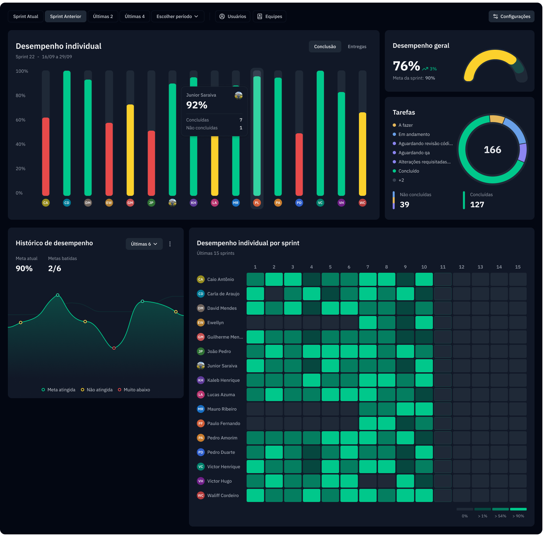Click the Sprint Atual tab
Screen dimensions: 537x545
26,16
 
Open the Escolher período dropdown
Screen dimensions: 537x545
177,16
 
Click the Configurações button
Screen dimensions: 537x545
511,16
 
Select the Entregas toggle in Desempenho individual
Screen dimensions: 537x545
357,46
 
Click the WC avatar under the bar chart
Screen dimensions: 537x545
362,203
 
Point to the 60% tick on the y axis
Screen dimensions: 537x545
20,120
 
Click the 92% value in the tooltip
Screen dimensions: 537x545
197,105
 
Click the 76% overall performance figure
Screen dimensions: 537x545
406,66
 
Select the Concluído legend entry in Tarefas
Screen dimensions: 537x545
408,171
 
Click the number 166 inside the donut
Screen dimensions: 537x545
492,150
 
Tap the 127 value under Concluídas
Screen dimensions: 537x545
477,205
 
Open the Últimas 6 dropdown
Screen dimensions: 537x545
144,244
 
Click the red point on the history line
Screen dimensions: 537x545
114,348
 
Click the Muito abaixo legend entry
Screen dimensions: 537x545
137,390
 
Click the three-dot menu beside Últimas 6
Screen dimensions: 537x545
170,244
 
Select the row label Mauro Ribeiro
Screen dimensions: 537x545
222,409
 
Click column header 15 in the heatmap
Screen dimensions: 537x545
517,267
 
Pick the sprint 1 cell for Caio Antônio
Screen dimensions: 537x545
255,279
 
